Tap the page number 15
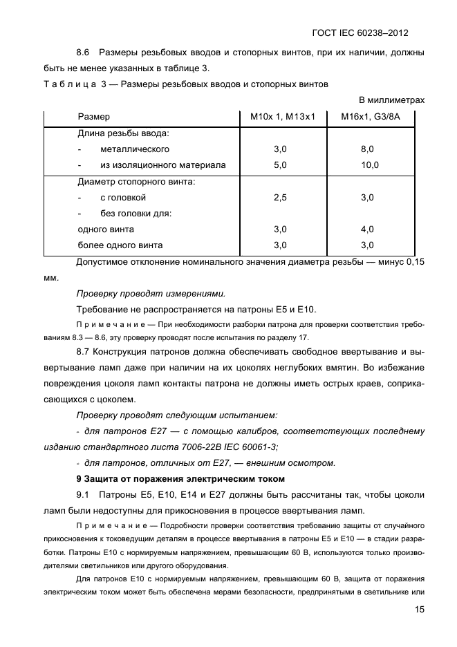[x=419, y=610]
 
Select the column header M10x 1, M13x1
[x=282, y=117]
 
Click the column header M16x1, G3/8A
[x=371, y=117]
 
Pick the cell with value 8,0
[x=367, y=149]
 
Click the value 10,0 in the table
[x=370, y=165]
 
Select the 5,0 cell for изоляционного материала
[x=280, y=165]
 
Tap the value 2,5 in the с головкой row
[x=280, y=197]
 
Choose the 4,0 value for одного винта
[x=367, y=229]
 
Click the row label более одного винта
[x=120, y=245]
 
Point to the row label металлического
[x=135, y=149]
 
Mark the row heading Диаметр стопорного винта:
[x=136, y=182]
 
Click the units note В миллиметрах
[x=391, y=100]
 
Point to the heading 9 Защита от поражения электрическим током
[x=179, y=478]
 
